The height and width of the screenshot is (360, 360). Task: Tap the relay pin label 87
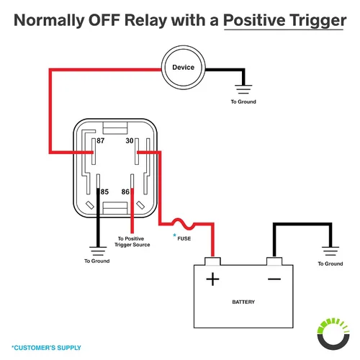pos(101,140)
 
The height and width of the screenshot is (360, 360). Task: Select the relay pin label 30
pos(130,140)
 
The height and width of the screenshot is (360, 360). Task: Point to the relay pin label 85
pos(104,192)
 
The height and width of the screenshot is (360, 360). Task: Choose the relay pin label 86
pos(125,192)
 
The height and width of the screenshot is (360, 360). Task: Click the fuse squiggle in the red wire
pos(184,224)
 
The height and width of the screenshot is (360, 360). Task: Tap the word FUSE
pos(184,238)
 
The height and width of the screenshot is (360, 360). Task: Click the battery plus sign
pos(212,279)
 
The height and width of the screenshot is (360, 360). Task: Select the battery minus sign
pos(274,279)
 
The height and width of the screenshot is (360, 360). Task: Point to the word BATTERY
pos(243,302)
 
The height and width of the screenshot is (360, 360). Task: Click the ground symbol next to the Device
pos(243,89)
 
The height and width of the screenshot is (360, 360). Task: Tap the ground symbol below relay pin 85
pos(98,251)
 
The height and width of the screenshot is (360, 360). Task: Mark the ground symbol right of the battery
pos(330,251)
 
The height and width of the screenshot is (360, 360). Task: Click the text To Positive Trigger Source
pos(132,242)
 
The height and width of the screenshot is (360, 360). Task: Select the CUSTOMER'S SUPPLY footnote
pos(46,348)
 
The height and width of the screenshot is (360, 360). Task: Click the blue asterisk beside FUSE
pos(174,235)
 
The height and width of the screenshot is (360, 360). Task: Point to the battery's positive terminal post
pos(212,261)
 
